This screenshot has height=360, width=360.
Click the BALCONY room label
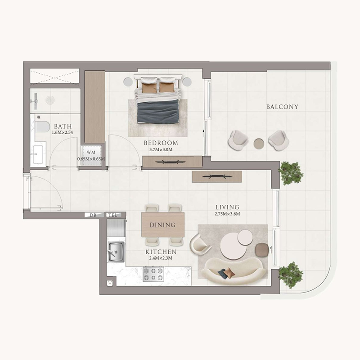pyautogui.click(x=282, y=107)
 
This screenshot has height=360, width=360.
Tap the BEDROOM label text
pyautogui.click(x=158, y=143)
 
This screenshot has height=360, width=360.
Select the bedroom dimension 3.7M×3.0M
pyautogui.click(x=158, y=149)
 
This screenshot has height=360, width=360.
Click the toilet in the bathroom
pyautogui.click(x=42, y=126)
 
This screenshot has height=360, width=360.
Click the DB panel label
pyautogui.click(x=93, y=216)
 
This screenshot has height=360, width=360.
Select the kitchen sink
pyautogui.click(x=116, y=250)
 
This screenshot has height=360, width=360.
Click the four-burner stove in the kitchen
pyautogui.click(x=153, y=274)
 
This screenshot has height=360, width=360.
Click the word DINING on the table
pyautogui.click(x=162, y=225)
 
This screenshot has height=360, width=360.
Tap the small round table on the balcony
pyautogui.click(x=259, y=144)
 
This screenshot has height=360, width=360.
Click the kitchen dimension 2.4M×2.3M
pyautogui.click(x=161, y=258)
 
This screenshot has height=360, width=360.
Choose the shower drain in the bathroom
pyautogui.click(x=50, y=100)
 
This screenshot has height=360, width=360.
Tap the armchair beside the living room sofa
pyautogui.click(x=199, y=244)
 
